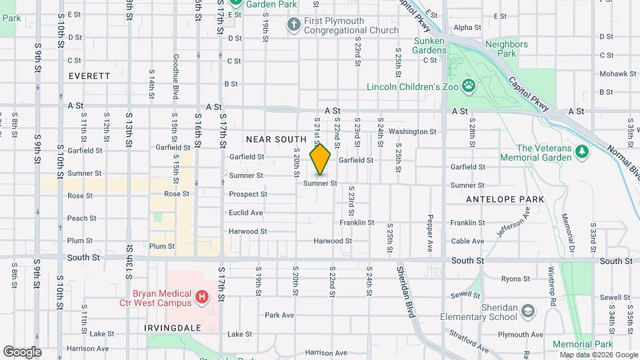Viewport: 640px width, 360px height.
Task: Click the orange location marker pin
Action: tap(321, 159)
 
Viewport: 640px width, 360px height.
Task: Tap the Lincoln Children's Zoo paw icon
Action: tap(470, 85)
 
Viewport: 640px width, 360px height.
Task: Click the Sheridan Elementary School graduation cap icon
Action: tap(528, 311)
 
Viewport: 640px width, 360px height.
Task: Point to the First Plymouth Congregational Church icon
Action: tap(293, 25)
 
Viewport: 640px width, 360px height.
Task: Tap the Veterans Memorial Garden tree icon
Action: tap(581, 151)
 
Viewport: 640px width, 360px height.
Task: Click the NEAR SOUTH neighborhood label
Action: tap(276, 139)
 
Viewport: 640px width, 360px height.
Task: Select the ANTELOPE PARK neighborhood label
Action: tap(506, 199)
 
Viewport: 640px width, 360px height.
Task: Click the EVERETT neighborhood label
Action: tap(89, 76)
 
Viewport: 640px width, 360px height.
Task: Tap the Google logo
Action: tap(23, 351)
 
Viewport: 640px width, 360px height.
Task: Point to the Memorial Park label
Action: tap(582, 344)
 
